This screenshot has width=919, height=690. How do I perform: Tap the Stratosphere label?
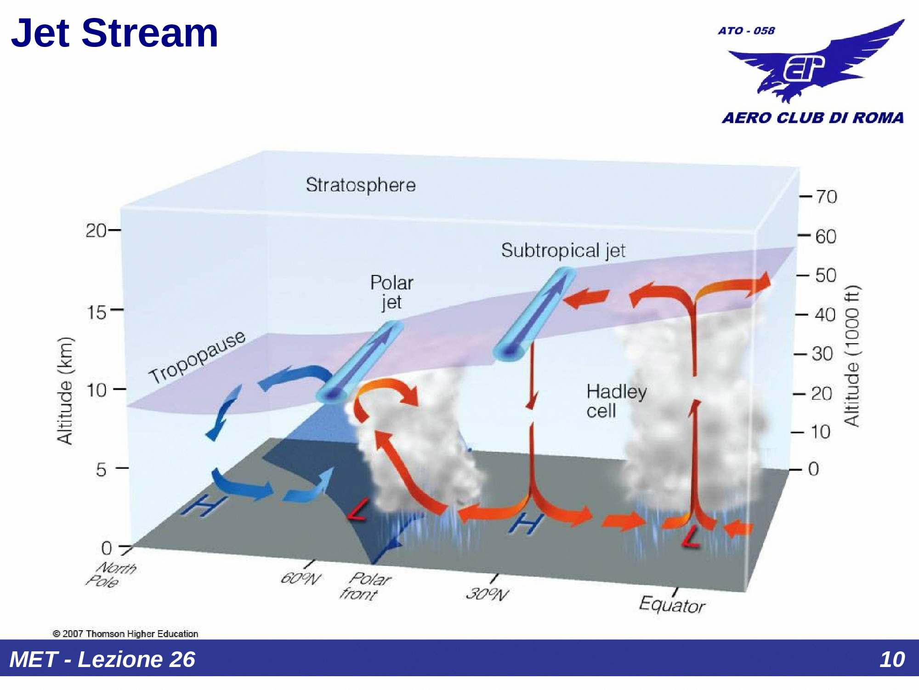[x=361, y=185]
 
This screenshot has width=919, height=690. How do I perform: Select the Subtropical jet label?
[x=563, y=251]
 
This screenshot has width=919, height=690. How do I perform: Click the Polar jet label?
[x=391, y=292]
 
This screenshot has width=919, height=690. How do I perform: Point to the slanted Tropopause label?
[x=197, y=357]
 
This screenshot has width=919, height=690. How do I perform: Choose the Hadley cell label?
[x=616, y=401]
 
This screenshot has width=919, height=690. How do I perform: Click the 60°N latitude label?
[x=301, y=578]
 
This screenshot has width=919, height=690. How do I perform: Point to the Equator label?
[x=672, y=604]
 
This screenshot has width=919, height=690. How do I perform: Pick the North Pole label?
[x=111, y=575]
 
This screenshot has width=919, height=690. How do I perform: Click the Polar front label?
[x=365, y=586]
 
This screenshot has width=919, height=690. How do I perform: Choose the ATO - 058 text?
[x=746, y=31]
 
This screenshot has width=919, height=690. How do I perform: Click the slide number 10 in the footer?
[x=891, y=659]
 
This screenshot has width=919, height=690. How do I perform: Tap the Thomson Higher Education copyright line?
[x=125, y=633]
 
